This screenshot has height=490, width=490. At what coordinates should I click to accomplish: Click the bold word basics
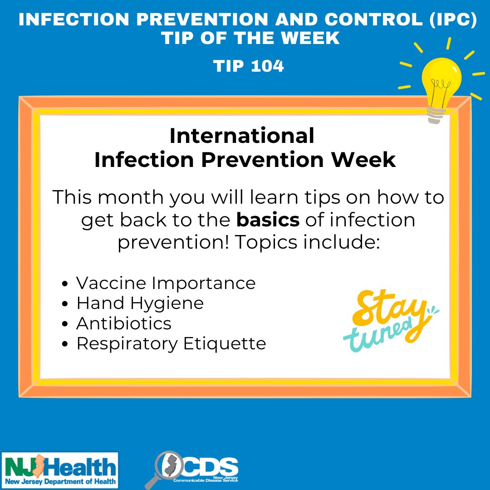pos(268,220)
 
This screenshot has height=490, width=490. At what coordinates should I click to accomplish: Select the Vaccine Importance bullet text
pos(166,283)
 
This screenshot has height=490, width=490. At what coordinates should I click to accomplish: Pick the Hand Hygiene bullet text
pos(140,303)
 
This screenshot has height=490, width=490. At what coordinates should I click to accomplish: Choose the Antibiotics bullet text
pos(124,323)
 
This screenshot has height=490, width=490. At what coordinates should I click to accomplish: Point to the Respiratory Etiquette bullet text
pos(171,343)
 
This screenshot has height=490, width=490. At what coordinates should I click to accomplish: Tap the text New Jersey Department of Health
pos(59,481)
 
